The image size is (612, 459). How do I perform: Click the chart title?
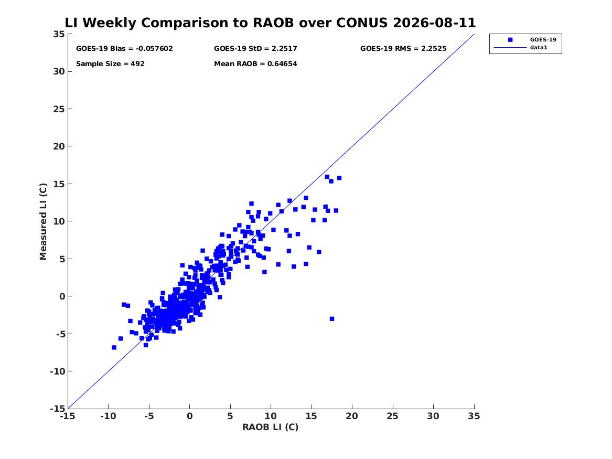click(x=270, y=23)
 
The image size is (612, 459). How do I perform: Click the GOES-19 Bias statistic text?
click(x=124, y=48)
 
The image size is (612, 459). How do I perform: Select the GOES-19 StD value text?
click(x=255, y=48)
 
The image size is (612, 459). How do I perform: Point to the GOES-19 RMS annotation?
click(x=403, y=48)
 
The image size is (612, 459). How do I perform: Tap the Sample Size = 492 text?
click(x=110, y=63)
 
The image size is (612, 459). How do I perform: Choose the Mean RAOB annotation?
click(x=255, y=63)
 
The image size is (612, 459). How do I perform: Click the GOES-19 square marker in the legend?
click(x=510, y=39)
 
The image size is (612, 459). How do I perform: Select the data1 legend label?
click(x=539, y=47)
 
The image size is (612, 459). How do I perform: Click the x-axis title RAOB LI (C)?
click(x=271, y=427)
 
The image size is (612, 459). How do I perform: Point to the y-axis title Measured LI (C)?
click(x=43, y=221)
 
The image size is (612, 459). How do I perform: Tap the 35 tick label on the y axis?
click(x=59, y=34)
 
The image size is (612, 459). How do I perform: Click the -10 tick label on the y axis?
click(x=57, y=371)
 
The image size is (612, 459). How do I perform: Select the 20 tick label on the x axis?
click(x=352, y=416)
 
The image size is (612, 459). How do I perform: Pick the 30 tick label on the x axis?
click(x=433, y=416)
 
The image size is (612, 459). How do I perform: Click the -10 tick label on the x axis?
click(x=108, y=416)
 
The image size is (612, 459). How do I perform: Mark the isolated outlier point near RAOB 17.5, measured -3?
click(x=332, y=319)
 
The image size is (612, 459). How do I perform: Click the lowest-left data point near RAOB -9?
click(x=114, y=347)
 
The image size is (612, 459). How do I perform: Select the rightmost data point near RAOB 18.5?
click(x=339, y=178)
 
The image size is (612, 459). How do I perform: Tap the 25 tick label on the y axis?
click(x=59, y=109)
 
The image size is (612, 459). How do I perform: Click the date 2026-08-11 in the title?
click(x=434, y=23)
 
